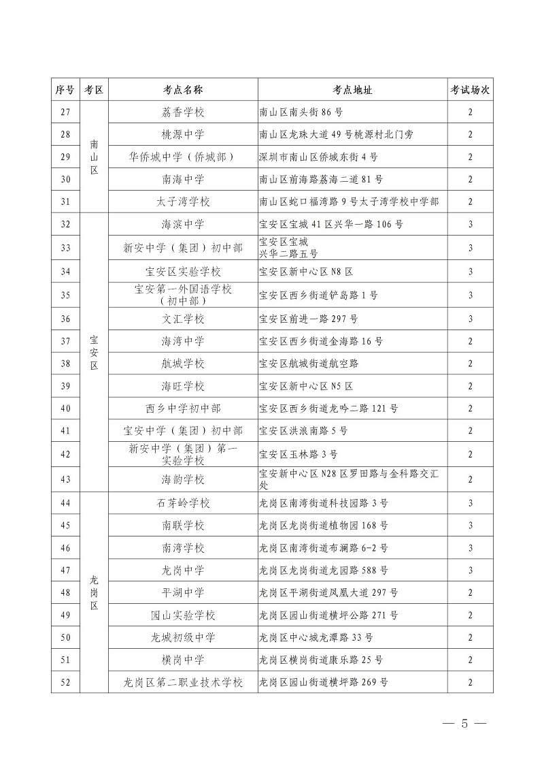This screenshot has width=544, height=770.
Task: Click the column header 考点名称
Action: click(x=183, y=90)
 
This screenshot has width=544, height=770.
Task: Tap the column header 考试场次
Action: click(x=470, y=90)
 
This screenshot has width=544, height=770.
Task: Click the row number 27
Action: click(x=65, y=112)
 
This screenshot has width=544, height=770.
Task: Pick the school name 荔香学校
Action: click(x=183, y=112)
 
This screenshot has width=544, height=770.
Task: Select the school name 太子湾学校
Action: click(x=183, y=202)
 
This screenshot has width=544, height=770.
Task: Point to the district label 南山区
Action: click(x=94, y=157)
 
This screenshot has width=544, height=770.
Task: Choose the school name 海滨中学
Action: click(x=183, y=224)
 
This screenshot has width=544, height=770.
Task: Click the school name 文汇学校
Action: click(x=183, y=319)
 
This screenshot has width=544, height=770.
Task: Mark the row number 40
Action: click(x=65, y=408)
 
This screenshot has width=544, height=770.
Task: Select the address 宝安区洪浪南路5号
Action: click(x=303, y=431)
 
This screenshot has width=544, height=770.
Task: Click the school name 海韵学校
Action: click(x=183, y=479)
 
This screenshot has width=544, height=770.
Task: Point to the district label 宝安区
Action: click(x=94, y=351)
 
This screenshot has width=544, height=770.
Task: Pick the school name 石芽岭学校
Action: click(x=183, y=503)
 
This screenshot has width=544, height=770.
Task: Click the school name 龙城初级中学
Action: click(x=183, y=638)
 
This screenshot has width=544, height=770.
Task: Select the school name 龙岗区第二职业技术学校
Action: click(x=183, y=682)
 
